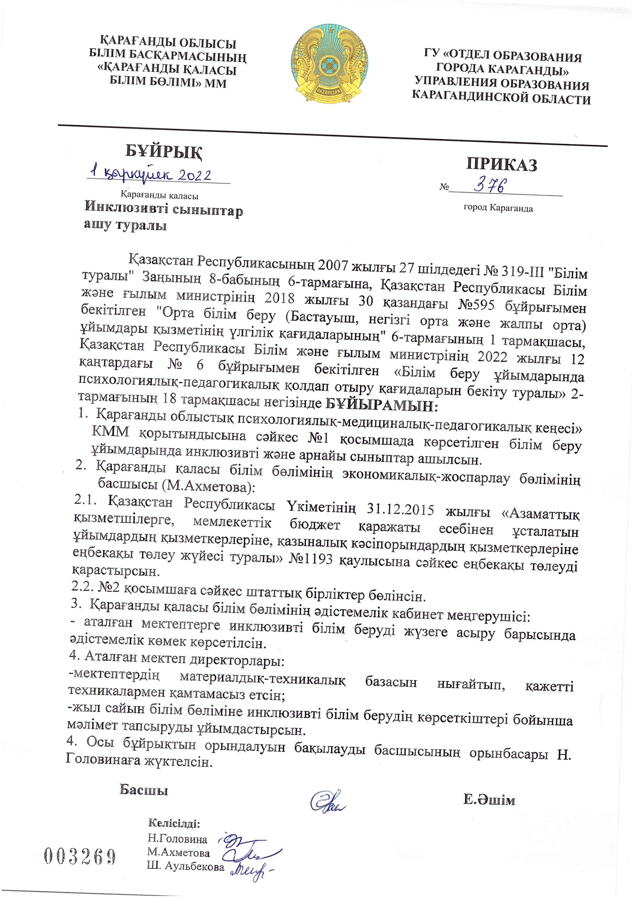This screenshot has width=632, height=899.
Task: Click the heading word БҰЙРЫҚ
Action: (164, 151)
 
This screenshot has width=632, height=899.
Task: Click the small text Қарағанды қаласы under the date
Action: (159, 195)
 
